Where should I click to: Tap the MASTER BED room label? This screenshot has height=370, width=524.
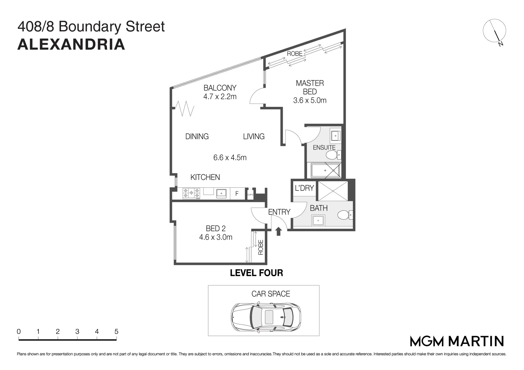[x=310, y=87]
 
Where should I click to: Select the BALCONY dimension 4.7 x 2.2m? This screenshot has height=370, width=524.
[x=220, y=97]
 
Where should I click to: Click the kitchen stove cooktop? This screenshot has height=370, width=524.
[x=191, y=194]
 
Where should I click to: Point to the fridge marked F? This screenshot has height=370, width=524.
[x=236, y=194]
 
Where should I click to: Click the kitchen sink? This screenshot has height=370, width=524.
[x=221, y=194]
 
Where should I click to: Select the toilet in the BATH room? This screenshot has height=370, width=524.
[x=344, y=215]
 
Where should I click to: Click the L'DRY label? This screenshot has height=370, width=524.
[x=304, y=188]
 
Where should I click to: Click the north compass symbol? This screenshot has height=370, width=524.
[x=495, y=32]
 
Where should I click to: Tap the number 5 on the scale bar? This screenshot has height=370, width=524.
[x=117, y=332]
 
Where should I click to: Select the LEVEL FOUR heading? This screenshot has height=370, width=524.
[x=256, y=273]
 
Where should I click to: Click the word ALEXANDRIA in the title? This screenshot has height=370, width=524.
[x=71, y=45]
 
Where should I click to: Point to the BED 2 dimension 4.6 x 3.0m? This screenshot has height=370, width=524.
[x=216, y=237]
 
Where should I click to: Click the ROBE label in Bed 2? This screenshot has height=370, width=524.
[x=260, y=247]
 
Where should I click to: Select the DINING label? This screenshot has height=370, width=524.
[x=197, y=136]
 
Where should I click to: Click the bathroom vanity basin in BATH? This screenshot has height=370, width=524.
[x=318, y=220]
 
